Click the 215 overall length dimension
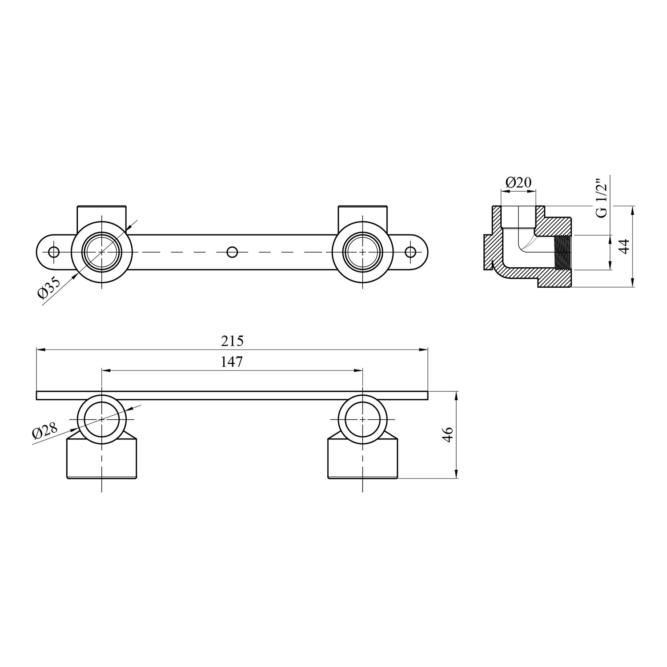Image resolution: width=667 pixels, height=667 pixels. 232,341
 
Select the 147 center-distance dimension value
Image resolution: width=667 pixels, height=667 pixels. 232,362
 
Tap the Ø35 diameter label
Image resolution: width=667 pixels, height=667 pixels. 49,288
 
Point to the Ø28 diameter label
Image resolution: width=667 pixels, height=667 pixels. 45,431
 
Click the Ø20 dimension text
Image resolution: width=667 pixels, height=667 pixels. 518,182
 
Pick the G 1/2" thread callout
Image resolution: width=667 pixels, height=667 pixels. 602,198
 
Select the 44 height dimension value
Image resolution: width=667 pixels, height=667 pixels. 625,246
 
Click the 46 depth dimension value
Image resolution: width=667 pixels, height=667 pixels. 448,434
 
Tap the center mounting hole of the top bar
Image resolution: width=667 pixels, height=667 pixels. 232,252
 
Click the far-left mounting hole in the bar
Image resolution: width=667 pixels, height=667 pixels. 54,252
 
